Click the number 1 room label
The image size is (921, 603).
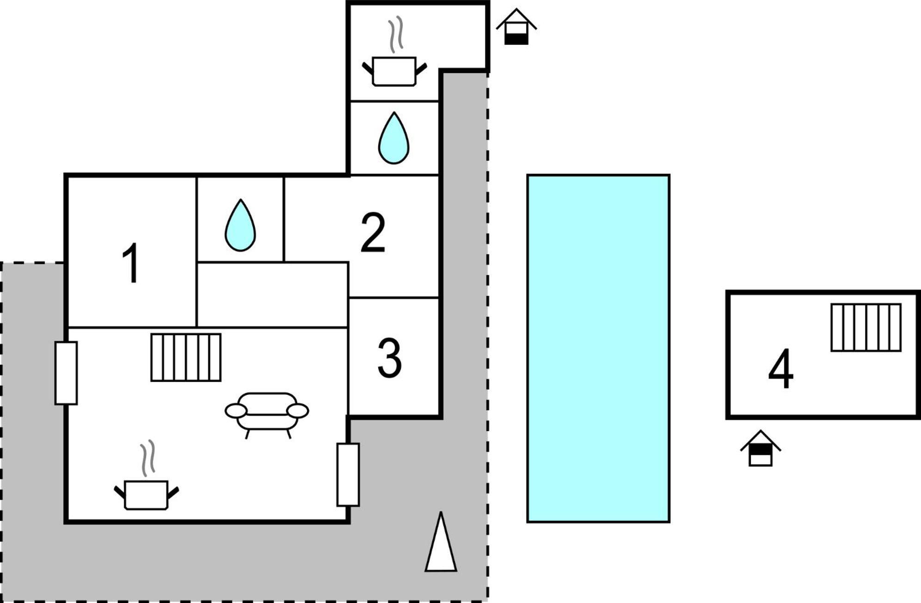click(x=132, y=262)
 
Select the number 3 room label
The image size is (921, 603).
click(x=389, y=357)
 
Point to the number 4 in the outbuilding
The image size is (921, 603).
click(x=781, y=369)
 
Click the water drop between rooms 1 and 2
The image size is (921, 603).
click(x=240, y=225)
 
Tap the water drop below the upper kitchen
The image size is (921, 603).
click(x=393, y=138)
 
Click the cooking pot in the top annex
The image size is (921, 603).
click(x=394, y=71)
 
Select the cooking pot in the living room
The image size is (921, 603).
click(x=146, y=495)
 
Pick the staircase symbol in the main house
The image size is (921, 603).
click(x=186, y=357)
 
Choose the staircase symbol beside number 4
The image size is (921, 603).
click(x=866, y=327)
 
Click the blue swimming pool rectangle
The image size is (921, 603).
click(x=598, y=349)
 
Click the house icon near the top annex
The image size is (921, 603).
click(x=516, y=26)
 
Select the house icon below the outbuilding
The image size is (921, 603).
click(x=761, y=448)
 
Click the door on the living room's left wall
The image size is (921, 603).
click(x=66, y=373)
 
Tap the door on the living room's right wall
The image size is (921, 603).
click(x=348, y=475)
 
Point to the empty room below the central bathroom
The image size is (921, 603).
click(x=272, y=295)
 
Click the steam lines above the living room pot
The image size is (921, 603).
click(x=148, y=458)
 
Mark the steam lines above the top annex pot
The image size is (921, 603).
click(x=396, y=35)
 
